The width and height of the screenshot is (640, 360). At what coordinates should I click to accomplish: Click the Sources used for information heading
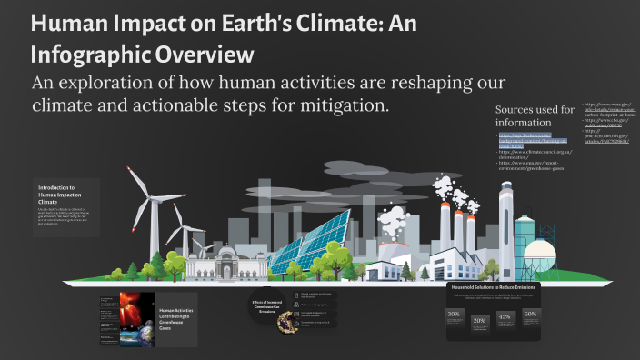pos(535,115)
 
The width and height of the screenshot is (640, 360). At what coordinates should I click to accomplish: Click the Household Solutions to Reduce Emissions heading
pos(494,287)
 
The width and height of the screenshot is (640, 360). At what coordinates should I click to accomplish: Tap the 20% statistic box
pos(479,322)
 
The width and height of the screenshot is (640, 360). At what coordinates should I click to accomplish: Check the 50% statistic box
pos(530,316)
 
